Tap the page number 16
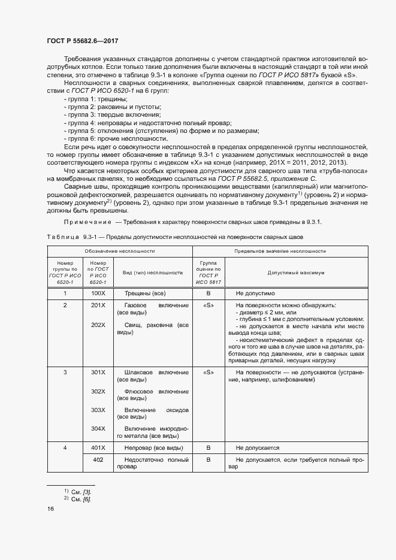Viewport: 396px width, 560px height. (50, 508)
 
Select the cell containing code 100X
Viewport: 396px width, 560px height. (98, 294)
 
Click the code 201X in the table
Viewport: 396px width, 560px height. (98, 305)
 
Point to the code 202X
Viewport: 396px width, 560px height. (98, 325)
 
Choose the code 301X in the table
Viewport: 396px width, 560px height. (98, 373)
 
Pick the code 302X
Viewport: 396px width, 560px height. (98, 391)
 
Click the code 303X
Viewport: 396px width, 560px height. (98, 410)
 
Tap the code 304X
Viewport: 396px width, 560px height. (98, 428)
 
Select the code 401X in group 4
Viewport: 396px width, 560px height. (98, 447)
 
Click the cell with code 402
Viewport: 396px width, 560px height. (98, 459)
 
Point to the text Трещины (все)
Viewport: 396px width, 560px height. (144, 294)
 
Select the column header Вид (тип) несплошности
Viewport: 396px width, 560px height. (152, 273)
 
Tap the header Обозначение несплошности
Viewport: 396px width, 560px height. (119, 251)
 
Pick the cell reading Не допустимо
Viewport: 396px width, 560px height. (255, 294)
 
